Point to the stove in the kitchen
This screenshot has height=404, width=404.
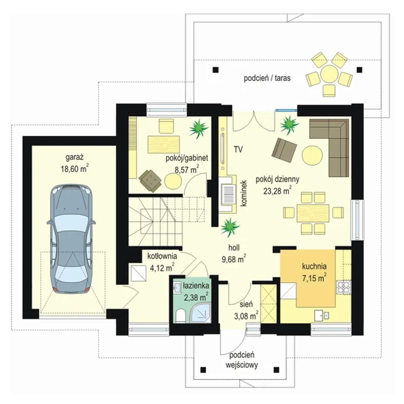coord(344,288)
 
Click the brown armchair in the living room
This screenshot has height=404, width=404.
coord(284,150)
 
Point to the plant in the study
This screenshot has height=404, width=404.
coord(199,128)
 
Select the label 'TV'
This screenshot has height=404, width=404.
coord(238,150)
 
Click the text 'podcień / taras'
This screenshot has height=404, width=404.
coord(267,78)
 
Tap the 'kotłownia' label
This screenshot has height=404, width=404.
coord(162,256)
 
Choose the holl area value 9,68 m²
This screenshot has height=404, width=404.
coord(234,259)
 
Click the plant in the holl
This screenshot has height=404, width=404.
coord(230,228)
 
